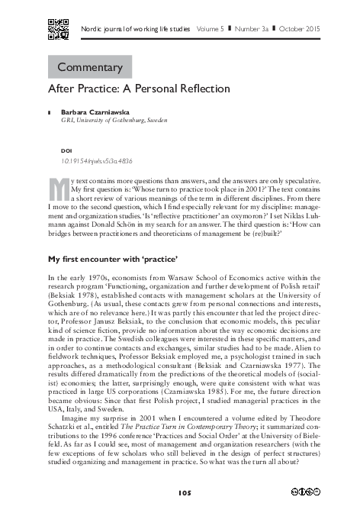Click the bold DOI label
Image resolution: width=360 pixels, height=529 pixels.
pos(66,151)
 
